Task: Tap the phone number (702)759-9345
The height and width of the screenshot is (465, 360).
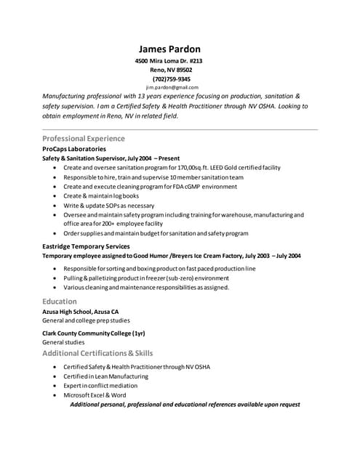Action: pyautogui.click(x=172, y=78)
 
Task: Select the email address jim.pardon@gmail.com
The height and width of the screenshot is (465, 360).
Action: pyautogui.click(x=172, y=87)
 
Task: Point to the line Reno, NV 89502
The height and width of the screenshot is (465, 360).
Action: pyautogui.click(x=171, y=70)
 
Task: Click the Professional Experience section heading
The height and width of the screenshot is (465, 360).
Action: pyautogui.click(x=84, y=138)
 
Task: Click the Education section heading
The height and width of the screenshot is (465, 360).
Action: pyautogui.click(x=60, y=301)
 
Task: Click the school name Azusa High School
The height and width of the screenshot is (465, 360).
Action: pyautogui.click(x=80, y=311)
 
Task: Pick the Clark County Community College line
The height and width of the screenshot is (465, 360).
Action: pyautogui.click(x=94, y=332)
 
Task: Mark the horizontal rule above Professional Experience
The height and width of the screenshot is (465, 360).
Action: pyautogui.click(x=180, y=129)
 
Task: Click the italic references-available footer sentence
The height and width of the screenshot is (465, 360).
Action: pyautogui.click(x=185, y=404)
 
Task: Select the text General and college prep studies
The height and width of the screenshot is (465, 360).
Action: pyautogui.click(x=87, y=320)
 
